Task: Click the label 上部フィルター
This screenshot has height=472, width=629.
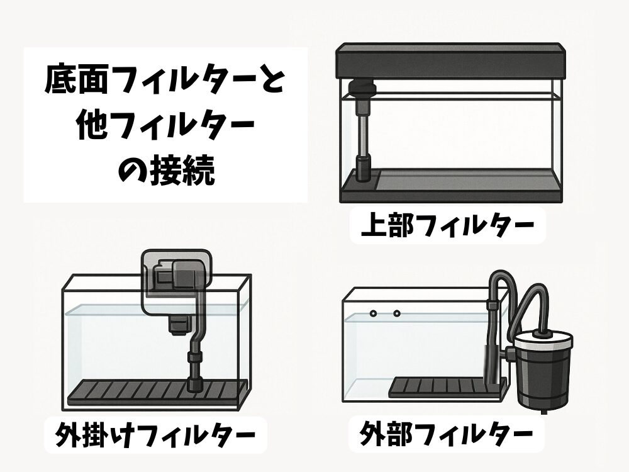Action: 448,225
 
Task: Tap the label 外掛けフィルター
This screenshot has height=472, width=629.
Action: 155,435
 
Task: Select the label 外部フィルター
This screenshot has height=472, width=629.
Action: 447,434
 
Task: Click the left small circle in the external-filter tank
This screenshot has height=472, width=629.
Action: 373,313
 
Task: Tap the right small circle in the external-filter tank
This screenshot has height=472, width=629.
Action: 397,313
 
